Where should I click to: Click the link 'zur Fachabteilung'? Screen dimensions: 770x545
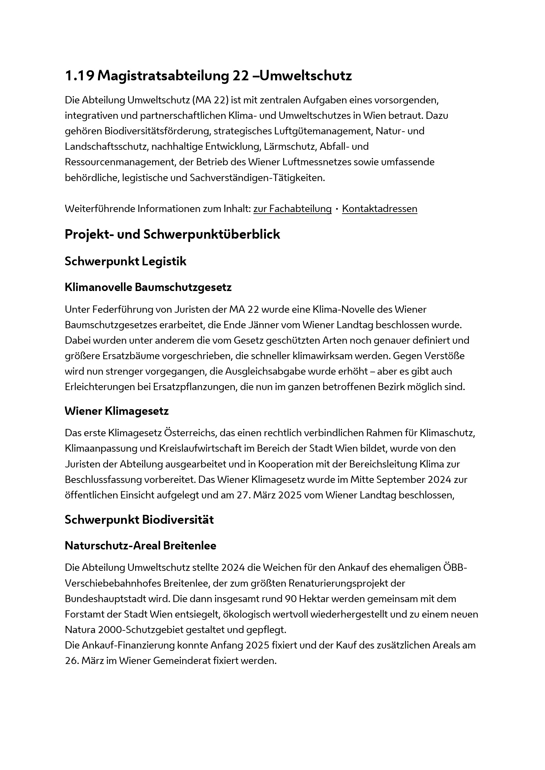292,209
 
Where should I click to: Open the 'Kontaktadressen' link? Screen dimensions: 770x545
380,209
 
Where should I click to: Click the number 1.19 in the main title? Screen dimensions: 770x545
79,76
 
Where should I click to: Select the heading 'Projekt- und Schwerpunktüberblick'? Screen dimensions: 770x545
172,234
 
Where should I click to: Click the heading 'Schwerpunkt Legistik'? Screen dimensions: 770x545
126,262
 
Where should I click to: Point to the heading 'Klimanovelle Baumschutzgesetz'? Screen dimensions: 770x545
148,287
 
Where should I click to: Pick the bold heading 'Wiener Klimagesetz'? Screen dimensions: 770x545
116,411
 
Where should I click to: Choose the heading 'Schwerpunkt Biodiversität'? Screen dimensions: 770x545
139,520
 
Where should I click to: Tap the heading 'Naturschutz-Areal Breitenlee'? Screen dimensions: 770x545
140,545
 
